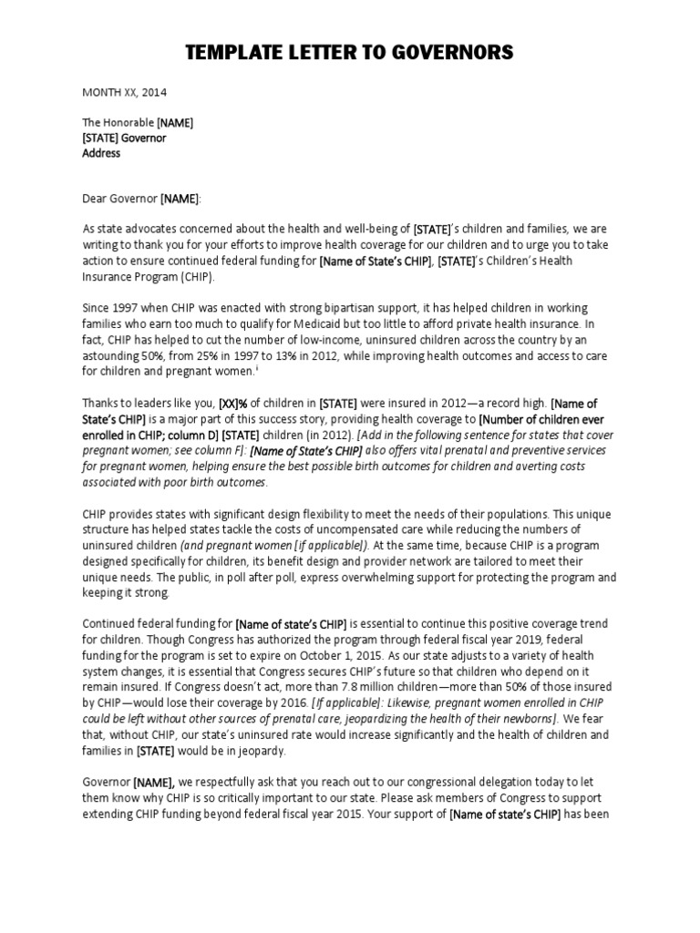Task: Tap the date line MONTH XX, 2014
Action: (x=125, y=92)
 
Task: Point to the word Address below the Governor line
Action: (x=101, y=153)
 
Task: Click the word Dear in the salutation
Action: (x=97, y=199)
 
